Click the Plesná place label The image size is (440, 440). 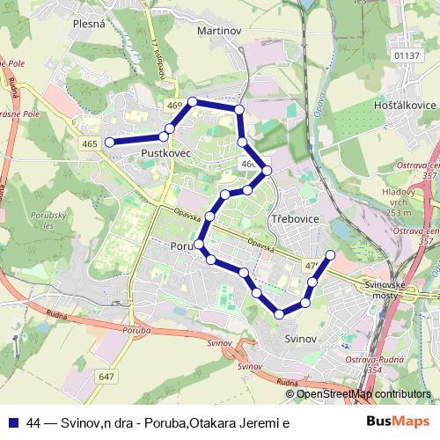point(90,24)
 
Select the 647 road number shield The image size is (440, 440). point(107,376)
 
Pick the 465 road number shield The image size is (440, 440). point(88,143)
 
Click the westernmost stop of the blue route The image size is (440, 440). point(110,142)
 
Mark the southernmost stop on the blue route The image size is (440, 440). point(280,313)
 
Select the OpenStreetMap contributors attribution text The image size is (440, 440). point(363,394)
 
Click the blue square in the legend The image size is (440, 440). point(12,422)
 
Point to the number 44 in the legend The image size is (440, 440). point(34,422)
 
